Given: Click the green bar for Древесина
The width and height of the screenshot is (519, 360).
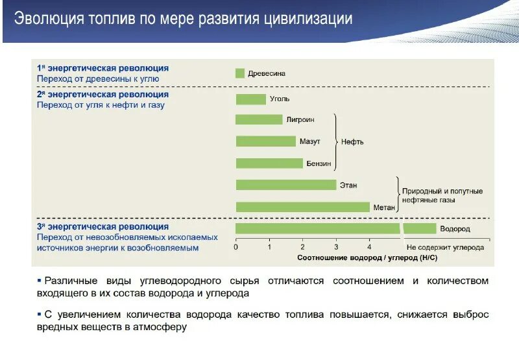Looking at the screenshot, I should pyautogui.click(x=239, y=73).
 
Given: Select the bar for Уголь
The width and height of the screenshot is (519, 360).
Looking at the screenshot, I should pyautogui.click(x=250, y=99).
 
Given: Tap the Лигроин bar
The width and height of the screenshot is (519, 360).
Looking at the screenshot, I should pyautogui.click(x=259, y=119).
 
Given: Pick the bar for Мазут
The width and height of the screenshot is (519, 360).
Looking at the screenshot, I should pyautogui.click(x=265, y=141).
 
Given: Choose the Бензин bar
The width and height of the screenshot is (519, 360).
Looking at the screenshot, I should pyautogui.click(x=269, y=163).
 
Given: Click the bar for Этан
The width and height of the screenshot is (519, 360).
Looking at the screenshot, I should pyautogui.click(x=285, y=185).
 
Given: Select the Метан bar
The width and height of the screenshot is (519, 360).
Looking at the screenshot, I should pyautogui.click(x=302, y=207).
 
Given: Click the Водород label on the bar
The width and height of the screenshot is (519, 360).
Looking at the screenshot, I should pyautogui.click(x=455, y=229).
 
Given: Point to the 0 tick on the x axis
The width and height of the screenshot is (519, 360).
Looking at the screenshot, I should pyautogui.click(x=235, y=247).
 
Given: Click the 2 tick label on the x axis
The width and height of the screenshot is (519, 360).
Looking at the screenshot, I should pyautogui.click(x=302, y=247).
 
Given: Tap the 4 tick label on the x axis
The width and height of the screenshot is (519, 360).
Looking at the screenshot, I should pyautogui.click(x=369, y=247).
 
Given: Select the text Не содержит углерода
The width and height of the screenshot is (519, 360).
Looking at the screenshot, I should pyautogui.click(x=445, y=248).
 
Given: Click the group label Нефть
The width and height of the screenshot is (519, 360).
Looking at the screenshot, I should pyautogui.click(x=352, y=141).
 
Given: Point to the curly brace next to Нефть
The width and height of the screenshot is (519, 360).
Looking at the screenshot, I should pyautogui.click(x=335, y=141).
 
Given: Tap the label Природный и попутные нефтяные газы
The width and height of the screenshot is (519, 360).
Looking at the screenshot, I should pyautogui.click(x=442, y=196).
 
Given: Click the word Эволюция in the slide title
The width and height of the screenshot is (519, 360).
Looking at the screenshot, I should pyautogui.click(x=50, y=18).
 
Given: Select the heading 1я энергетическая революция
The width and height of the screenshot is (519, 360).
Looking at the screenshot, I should pyautogui.click(x=103, y=67).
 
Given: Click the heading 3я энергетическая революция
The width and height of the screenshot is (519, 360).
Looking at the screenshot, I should pyautogui.click(x=103, y=226).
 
